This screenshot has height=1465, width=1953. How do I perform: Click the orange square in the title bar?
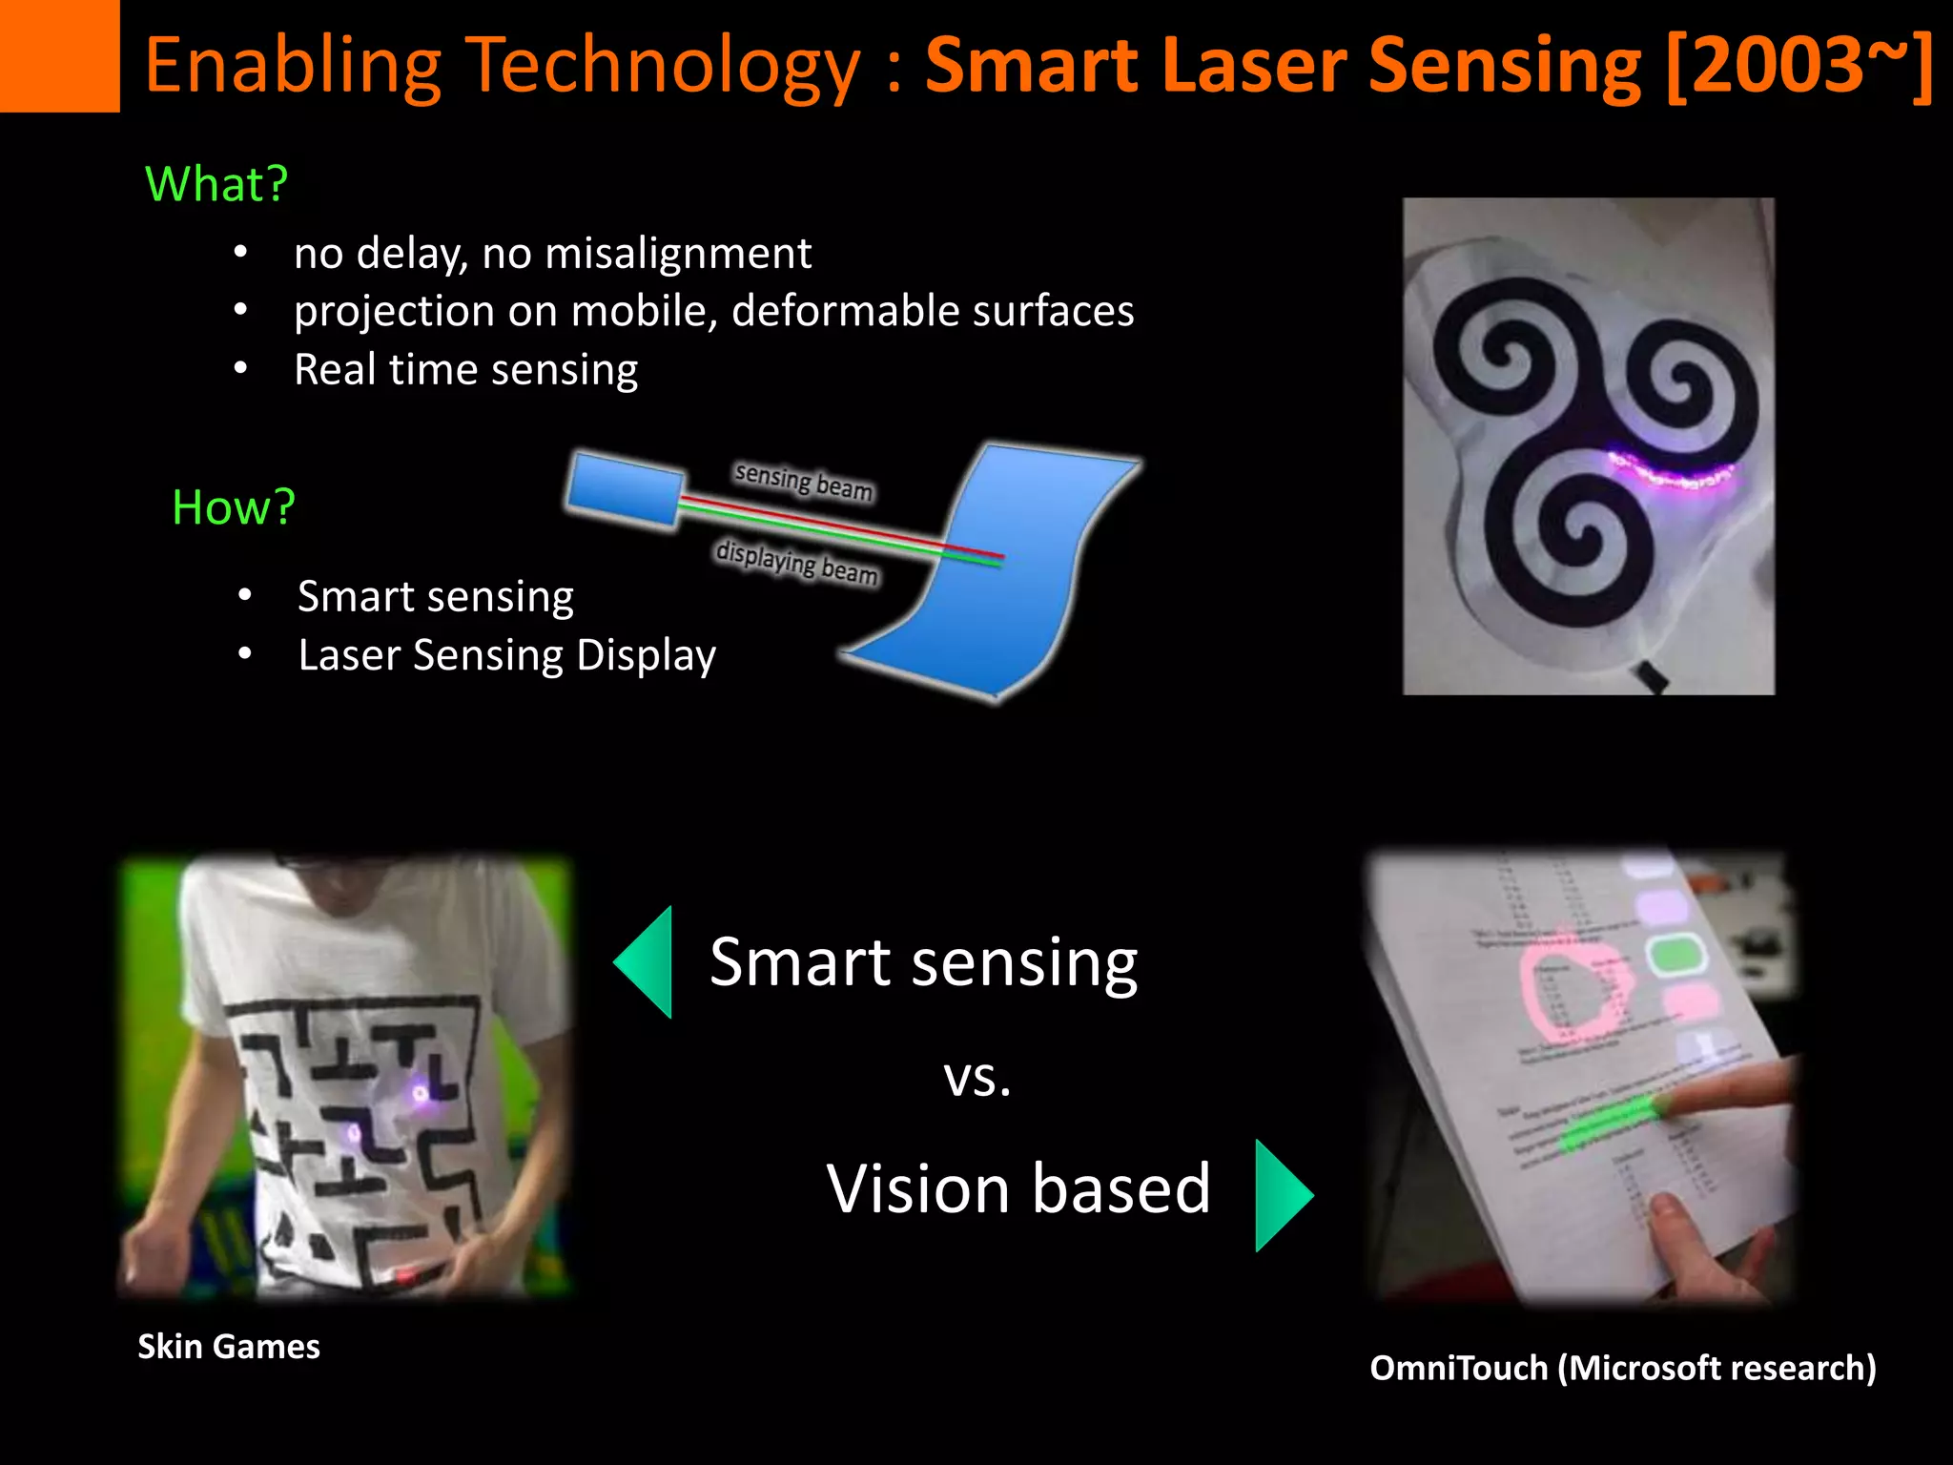[x=59, y=55]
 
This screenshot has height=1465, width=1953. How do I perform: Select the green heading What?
[x=216, y=183]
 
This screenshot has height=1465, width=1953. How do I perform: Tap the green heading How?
[x=234, y=506]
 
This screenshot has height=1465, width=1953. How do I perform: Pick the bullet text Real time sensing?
[x=465, y=370]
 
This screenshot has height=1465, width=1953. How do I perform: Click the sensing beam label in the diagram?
[x=803, y=481]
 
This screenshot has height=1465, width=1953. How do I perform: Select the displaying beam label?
[x=796, y=561]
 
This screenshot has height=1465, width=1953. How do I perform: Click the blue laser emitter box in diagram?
[x=625, y=489]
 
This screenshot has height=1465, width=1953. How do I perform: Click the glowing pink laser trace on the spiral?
[x=1669, y=472]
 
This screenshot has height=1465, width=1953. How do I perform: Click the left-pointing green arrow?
[x=647, y=961]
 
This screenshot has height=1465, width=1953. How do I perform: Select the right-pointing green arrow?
[x=1282, y=1194]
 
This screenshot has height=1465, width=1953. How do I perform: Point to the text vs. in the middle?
[x=976, y=1078]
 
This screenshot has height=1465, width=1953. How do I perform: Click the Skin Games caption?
[x=229, y=1347]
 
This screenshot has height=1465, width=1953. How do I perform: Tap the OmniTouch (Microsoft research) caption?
[x=1622, y=1368]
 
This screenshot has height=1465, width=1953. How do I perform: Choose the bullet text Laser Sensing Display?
[x=506, y=656]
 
